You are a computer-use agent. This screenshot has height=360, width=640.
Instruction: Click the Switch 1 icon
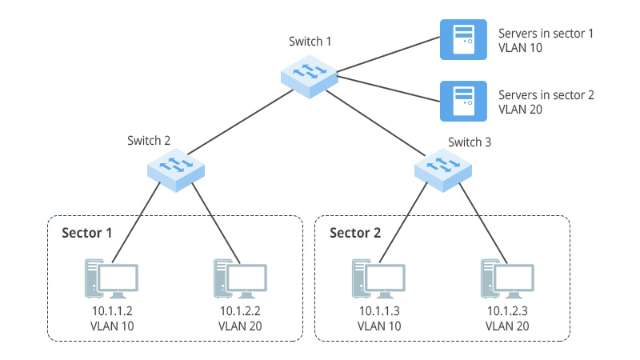coord(309,77)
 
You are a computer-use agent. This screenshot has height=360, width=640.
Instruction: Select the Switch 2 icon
coord(176,169)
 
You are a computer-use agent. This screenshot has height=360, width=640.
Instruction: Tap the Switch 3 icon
coord(443,169)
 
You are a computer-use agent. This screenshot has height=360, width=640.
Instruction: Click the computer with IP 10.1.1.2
coord(110,278)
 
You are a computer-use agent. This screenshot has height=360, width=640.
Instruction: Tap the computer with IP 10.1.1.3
coord(378,278)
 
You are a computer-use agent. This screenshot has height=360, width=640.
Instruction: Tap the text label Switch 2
coord(149,140)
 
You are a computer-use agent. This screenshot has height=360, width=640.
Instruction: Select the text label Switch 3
coord(470,142)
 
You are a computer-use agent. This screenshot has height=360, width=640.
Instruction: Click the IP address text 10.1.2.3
coord(507,311)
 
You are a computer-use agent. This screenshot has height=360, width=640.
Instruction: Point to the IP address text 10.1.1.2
coord(110,311)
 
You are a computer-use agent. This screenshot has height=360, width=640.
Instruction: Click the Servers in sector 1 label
coord(546,34)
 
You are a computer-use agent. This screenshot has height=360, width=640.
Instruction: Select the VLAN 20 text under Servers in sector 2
coord(521,109)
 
